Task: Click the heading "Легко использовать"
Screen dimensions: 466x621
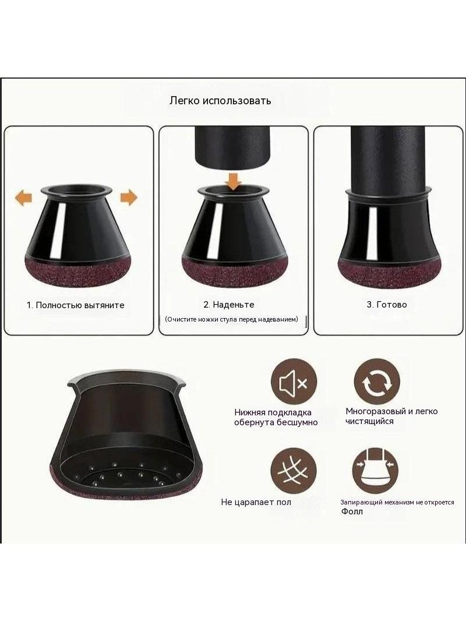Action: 220,101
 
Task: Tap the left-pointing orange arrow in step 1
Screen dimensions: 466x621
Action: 23,197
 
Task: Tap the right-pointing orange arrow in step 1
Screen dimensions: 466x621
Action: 129,197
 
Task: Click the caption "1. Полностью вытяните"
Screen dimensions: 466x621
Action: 76,305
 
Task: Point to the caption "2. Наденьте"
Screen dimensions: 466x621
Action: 229,305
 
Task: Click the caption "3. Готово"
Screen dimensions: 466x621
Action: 387,305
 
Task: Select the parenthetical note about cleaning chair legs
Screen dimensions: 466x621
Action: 232,319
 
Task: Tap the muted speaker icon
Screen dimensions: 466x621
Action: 294,382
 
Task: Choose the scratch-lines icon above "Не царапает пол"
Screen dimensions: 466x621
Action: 294,471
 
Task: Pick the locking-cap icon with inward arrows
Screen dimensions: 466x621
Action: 375,471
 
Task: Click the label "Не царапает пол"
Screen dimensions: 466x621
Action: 256,502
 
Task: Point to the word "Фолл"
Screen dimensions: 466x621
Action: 352,511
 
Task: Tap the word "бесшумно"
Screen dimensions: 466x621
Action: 297,422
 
